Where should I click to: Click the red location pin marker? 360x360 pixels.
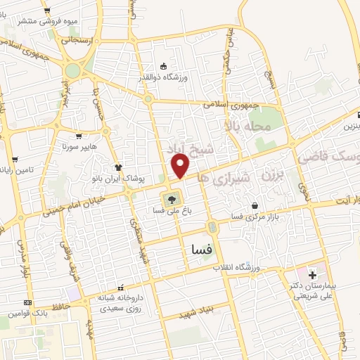(x=181, y=166)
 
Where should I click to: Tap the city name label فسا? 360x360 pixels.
(x=202, y=248)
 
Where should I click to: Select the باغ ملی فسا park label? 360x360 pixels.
(x=172, y=210)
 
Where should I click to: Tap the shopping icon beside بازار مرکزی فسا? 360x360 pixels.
(x=255, y=206)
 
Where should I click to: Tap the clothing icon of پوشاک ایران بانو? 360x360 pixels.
(x=118, y=168)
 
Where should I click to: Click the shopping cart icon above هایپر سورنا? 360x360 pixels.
(x=79, y=136)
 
